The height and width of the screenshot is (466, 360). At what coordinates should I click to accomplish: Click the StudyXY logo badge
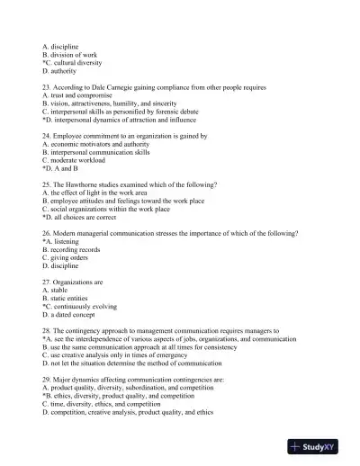pos(321,447)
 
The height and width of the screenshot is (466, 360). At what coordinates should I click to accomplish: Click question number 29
pos(47,379)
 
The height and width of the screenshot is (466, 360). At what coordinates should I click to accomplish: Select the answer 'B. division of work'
pos(69,55)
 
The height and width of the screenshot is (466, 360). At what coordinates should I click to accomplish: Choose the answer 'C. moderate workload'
pos(76,160)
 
